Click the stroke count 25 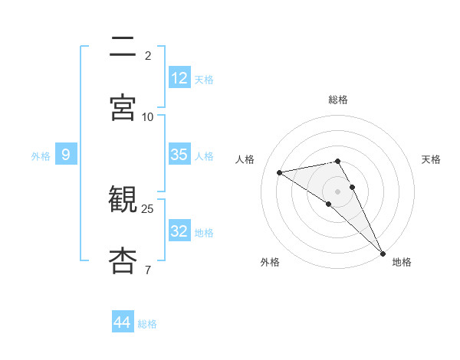pyautogui.click(x=148, y=208)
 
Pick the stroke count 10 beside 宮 pyautogui.click(x=148, y=116)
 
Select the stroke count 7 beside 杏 pyautogui.click(x=148, y=270)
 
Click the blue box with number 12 pyautogui.click(x=179, y=78)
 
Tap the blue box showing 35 pyautogui.click(x=179, y=155)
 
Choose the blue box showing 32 pyautogui.click(x=179, y=231)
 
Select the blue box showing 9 pyautogui.click(x=66, y=155)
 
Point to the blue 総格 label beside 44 pyautogui.click(x=147, y=324)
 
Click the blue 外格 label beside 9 pyautogui.click(x=41, y=156)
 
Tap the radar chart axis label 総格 pyautogui.click(x=338, y=100)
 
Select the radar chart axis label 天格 pyautogui.click(x=432, y=159)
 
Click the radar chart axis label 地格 pyautogui.click(x=402, y=262)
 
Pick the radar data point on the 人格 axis pyautogui.click(x=280, y=172)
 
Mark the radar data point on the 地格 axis pyautogui.click(x=383, y=253)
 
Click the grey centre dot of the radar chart pyautogui.click(x=338, y=191)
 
